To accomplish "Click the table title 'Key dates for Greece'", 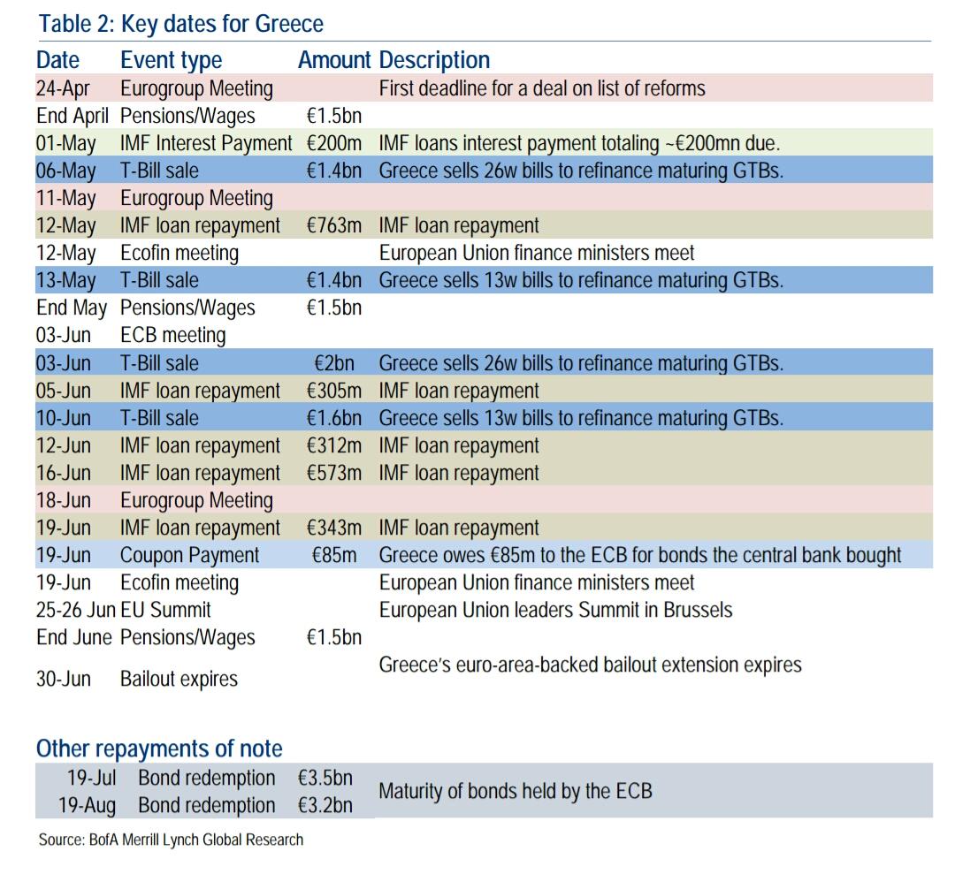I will point(180,24).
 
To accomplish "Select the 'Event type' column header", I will point(171,60).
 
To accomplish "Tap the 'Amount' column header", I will point(333,60).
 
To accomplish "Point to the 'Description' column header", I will point(433,60).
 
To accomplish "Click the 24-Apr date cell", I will point(65,88).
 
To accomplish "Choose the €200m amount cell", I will point(334,143).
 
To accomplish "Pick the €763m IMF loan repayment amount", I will point(334,225).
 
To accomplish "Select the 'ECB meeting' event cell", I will point(172,336).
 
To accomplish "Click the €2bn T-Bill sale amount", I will point(338,363).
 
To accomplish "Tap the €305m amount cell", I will point(334,391).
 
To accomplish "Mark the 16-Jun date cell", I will point(64,473).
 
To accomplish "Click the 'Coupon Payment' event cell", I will point(189,556).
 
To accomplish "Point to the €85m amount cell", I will point(336,556).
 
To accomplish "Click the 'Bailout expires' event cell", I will point(179,680).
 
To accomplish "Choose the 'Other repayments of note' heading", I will point(159,749).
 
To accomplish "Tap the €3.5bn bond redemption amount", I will point(325,779).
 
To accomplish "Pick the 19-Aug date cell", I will point(87,806).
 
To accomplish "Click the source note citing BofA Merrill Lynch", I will point(171,840).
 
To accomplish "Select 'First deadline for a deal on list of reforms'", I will point(542,88).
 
